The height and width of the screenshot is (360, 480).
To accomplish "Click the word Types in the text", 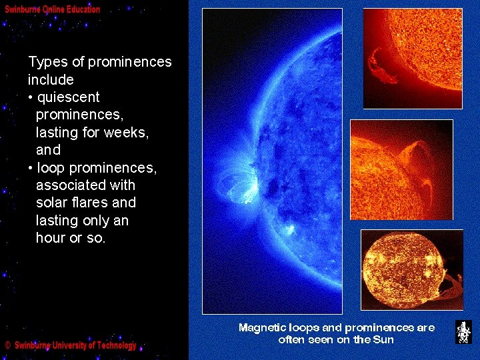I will pos(47,63).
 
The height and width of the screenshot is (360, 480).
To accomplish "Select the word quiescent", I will pos(69,97).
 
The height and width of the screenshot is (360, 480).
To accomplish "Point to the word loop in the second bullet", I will pos(51,168).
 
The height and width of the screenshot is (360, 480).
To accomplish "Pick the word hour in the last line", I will pos(51,238).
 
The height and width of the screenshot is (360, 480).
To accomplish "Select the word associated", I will pos(75,185).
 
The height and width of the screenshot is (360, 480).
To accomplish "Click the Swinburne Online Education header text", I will pos(53,9).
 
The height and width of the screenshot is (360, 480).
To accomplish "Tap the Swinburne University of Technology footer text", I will pos(75,345).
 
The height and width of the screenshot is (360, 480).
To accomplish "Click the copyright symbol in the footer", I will pos(7,346).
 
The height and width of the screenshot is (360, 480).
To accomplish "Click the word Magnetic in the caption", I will pos(263,328).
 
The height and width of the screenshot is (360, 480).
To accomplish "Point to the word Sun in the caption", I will pos(383,340).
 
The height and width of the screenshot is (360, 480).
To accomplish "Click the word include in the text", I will pos(51,80).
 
